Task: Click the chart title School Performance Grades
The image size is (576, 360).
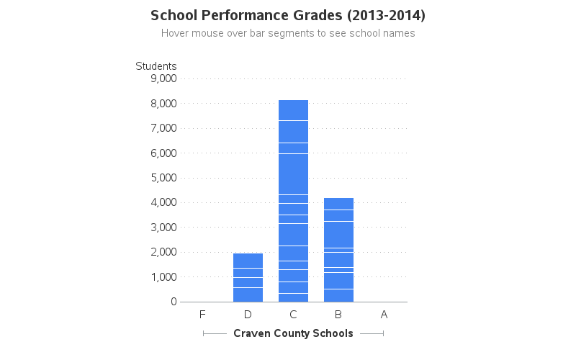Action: coord(288,15)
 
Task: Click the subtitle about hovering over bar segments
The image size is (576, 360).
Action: coord(288,33)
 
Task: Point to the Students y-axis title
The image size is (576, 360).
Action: coord(156,66)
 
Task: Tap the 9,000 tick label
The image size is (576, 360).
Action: coord(163,78)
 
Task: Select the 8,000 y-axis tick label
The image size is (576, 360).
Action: coord(163,104)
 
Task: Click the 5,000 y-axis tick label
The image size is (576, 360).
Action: coord(163,178)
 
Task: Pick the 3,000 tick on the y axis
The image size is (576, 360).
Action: coord(163,228)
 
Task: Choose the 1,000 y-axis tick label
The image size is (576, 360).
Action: coord(163,277)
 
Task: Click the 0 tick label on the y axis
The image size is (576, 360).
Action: coord(174,302)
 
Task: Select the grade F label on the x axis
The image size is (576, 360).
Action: coord(202,315)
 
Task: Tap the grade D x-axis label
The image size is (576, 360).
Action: coord(248,315)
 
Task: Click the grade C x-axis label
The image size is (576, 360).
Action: coord(293,315)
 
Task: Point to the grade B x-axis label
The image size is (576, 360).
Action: coord(338,315)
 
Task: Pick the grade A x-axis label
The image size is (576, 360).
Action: coord(384,315)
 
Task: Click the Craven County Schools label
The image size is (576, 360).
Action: coord(293,333)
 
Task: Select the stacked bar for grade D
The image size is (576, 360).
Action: coord(248,277)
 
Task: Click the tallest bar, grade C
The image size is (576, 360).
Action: coord(293,202)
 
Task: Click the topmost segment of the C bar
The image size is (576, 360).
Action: coord(293,110)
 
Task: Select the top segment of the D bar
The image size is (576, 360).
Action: coord(248,261)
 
